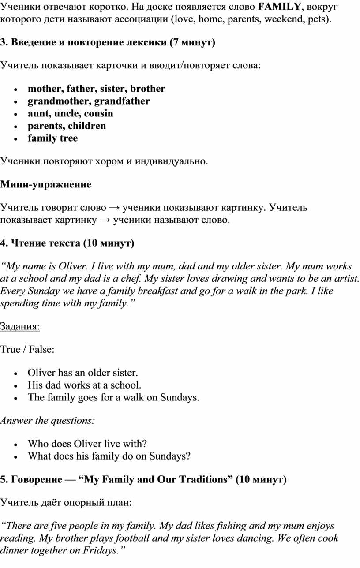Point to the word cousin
pyautogui.click(x=99, y=113)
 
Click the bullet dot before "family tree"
pyautogui.click(x=15, y=138)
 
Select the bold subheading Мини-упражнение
pyautogui.click(x=46, y=184)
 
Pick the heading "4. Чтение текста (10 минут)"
pyautogui.click(x=67, y=243)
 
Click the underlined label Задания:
pyautogui.click(x=20, y=326)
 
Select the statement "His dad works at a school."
pyautogui.click(x=84, y=385)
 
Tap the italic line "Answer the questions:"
pyautogui.click(x=47, y=421)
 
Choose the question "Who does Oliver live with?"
pyautogui.click(x=87, y=444)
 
